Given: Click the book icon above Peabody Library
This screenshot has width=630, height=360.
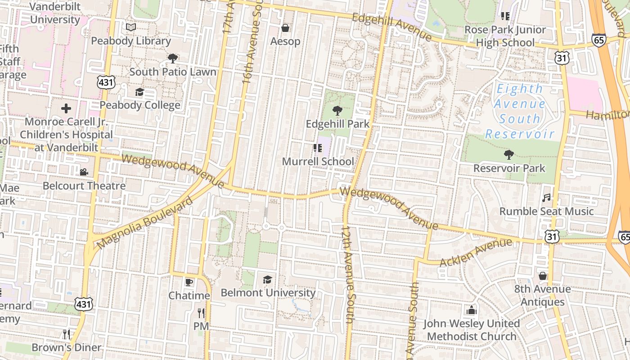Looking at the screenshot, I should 131,27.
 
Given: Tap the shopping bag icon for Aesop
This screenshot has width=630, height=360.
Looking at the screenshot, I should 285,28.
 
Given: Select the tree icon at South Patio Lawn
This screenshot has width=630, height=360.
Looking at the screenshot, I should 172,58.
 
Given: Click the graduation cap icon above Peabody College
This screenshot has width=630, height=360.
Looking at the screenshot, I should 139,92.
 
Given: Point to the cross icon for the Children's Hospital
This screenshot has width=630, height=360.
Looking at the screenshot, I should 66,108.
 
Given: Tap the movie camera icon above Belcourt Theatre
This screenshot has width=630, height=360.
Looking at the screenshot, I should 84,172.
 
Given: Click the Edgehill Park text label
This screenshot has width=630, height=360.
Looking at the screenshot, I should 337,124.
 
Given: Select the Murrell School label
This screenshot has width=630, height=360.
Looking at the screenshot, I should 318,161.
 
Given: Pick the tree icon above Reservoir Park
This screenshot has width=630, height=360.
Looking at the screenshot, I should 509,155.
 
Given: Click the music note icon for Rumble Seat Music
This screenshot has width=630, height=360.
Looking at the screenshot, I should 546,198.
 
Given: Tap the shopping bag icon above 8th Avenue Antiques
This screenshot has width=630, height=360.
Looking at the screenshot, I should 543,275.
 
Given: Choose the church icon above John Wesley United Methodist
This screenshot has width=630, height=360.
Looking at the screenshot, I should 471,310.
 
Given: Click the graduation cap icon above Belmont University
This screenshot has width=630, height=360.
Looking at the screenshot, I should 268,279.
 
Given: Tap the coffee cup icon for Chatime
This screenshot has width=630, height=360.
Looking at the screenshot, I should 189,282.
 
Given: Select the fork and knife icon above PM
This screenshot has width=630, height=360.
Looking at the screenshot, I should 201,313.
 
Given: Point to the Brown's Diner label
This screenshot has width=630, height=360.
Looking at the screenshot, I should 66,347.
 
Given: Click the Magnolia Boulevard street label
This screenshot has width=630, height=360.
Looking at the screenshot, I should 145,223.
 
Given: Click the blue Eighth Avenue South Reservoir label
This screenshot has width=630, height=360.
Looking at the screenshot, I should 520,112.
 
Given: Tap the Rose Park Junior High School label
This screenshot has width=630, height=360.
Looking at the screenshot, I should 505,36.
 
